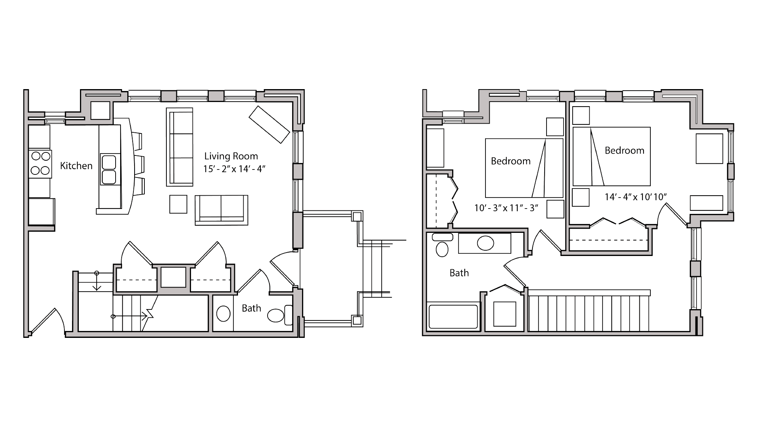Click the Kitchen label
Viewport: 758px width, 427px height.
tap(76, 166)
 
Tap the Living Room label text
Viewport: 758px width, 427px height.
tap(231, 156)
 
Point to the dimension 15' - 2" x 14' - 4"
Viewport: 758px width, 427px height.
tap(234, 169)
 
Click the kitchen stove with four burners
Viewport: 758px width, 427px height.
tap(40, 163)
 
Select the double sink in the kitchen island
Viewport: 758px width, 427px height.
tap(109, 170)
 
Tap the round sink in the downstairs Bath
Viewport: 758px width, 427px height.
tap(223, 314)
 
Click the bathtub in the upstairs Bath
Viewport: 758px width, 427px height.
tap(453, 317)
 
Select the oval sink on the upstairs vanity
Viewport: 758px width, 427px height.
tap(485, 243)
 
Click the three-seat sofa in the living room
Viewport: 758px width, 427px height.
tap(180, 147)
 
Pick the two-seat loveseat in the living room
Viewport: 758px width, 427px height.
tap(221, 210)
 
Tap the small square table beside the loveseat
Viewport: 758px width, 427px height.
tap(178, 204)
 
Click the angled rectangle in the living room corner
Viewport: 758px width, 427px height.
tap(269, 124)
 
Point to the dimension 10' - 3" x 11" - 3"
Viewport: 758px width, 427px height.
tap(506, 208)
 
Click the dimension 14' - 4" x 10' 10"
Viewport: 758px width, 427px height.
tap(636, 197)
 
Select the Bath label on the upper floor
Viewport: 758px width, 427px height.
tap(459, 273)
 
